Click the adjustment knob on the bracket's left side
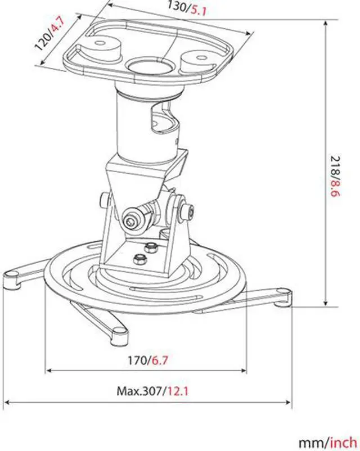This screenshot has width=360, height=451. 104,200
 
